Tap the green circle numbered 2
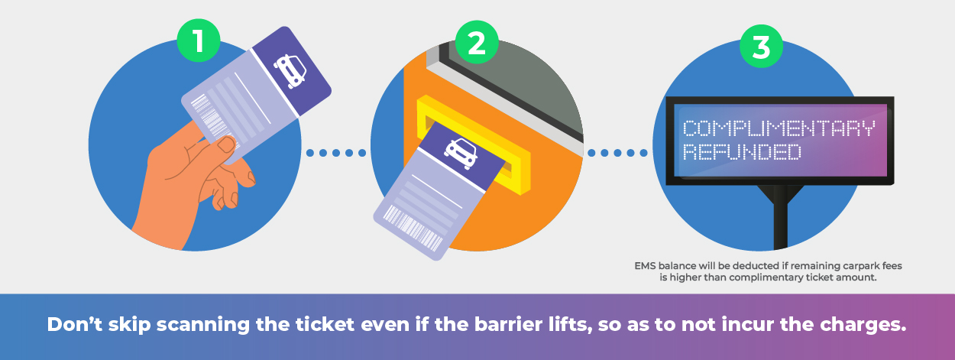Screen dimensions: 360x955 (x=476, y=42)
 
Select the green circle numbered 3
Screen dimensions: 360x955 (x=761, y=47)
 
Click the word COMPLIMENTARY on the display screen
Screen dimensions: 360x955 (x=778, y=128)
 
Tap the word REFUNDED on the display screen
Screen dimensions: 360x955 (x=741, y=152)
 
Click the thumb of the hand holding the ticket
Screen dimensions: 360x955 (x=223, y=147)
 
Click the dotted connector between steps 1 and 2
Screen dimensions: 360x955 (x=335, y=153)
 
